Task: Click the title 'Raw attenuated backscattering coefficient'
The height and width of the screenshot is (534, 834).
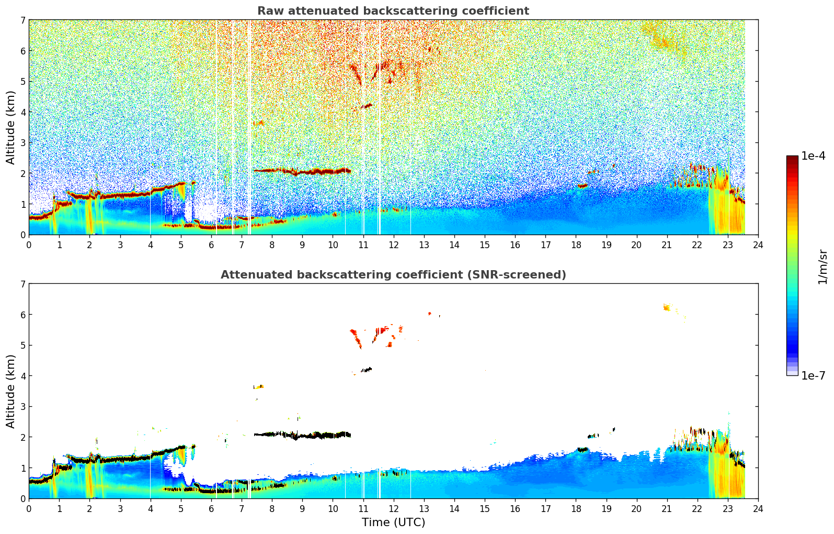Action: point(393,11)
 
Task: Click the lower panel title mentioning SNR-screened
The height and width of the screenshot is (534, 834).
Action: point(393,275)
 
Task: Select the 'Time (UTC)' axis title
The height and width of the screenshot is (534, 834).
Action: point(393,522)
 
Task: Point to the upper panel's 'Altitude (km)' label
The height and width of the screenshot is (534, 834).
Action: point(11,127)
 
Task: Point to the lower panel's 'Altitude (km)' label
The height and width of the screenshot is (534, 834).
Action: point(11,391)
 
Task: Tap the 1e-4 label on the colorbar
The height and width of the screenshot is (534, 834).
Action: point(813,156)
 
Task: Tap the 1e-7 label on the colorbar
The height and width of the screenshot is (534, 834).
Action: point(813,375)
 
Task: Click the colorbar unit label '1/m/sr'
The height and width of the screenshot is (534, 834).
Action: point(822,266)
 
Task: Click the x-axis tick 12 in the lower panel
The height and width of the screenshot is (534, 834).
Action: point(393,508)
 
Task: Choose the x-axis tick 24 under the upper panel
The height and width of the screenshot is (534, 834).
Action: point(758,244)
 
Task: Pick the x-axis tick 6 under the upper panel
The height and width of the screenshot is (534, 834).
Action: point(211,244)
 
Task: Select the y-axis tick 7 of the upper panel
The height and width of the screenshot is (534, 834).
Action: point(22,20)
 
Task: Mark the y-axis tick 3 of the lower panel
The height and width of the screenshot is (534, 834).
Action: point(22,406)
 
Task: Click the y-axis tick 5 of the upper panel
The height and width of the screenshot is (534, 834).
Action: point(22,81)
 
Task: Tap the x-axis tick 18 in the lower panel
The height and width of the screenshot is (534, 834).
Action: point(576,508)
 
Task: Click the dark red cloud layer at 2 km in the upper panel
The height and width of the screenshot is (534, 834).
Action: point(314,171)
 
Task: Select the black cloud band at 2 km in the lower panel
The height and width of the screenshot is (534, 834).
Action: point(314,435)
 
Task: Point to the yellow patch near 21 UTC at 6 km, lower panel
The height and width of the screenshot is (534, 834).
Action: point(667,307)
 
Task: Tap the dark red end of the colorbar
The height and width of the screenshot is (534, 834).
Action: point(792,159)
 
